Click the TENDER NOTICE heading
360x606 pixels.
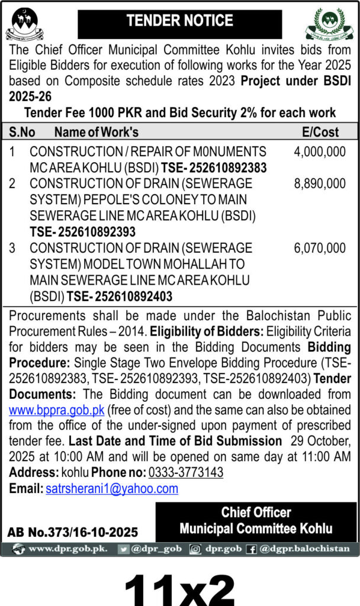pyautogui.click(x=180, y=21)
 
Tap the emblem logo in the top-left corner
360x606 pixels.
pyautogui.click(x=24, y=23)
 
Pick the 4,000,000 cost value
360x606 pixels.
pyautogui.click(x=320, y=152)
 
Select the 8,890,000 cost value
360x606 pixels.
pyautogui.click(x=320, y=184)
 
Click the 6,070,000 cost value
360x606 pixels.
pyautogui.click(x=320, y=248)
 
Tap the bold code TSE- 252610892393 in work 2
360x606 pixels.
pyautogui.click(x=83, y=232)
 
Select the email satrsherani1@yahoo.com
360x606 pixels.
pyautogui.click(x=112, y=489)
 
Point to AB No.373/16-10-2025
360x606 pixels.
pyautogui.click(x=73, y=532)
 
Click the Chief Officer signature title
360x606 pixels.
pyautogui.click(x=256, y=512)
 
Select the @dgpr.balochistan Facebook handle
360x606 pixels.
pyautogui.click(x=304, y=549)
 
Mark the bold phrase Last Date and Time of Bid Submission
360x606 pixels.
pyautogui.click(x=175, y=441)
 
